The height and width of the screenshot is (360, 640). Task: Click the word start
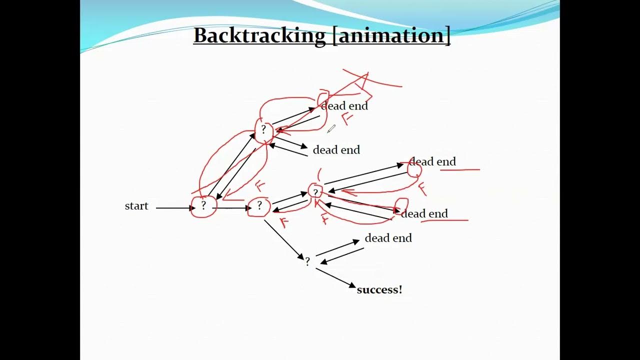pyautogui.click(x=136, y=206)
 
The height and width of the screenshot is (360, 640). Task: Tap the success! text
pyautogui.click(x=379, y=289)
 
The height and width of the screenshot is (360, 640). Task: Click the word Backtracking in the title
pyautogui.click(x=259, y=35)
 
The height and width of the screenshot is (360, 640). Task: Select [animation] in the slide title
pyautogui.click(x=391, y=36)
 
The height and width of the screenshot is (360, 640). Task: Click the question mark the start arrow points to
pyautogui.click(x=203, y=205)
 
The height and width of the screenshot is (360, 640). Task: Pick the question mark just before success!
pyautogui.click(x=307, y=261)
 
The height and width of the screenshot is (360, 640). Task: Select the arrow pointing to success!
pyautogui.click(x=335, y=277)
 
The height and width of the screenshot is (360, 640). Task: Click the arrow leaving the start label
pyautogui.click(x=175, y=208)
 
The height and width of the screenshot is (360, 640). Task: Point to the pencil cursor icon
pyautogui.click(x=331, y=129)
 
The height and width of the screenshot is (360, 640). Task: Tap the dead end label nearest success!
pyautogui.click(x=388, y=238)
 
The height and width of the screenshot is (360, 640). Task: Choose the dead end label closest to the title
pyautogui.click(x=344, y=106)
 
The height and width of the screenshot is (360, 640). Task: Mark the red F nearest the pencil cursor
pyautogui.click(x=347, y=118)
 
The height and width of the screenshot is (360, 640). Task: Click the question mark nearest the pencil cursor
pyautogui.click(x=263, y=129)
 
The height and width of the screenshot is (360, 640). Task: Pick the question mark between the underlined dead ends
pyautogui.click(x=315, y=192)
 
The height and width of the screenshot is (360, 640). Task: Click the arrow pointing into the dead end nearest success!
pyautogui.click(x=337, y=248)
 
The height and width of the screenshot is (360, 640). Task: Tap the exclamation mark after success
pyautogui.click(x=400, y=289)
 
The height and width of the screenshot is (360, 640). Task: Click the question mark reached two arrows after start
pyautogui.click(x=259, y=205)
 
